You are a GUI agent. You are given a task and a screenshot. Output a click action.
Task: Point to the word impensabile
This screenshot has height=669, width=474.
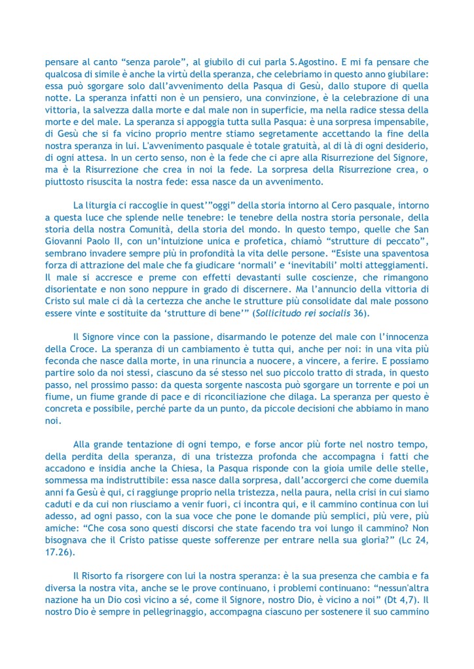coord(398,120)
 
